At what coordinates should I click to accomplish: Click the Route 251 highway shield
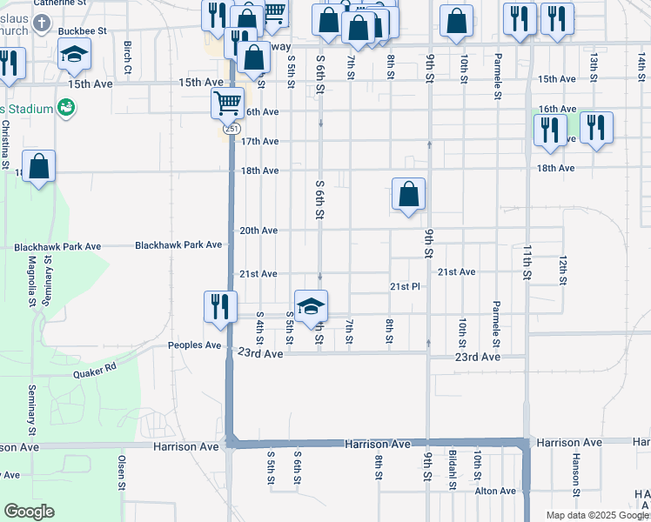click(231, 128)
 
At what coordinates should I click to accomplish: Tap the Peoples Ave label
click(195, 345)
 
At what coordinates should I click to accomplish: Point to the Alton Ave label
click(495, 491)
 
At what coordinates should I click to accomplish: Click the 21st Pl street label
click(405, 286)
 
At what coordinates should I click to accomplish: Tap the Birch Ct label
click(128, 57)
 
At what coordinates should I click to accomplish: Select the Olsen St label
click(122, 471)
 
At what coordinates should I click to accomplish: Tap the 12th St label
click(563, 270)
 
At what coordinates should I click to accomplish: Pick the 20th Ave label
click(258, 231)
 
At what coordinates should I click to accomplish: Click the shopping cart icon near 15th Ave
click(227, 103)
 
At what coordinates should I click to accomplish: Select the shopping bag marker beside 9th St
click(408, 195)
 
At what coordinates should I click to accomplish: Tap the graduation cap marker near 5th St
click(311, 305)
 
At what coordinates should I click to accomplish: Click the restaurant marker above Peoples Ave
click(218, 306)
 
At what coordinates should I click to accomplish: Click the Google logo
click(29, 512)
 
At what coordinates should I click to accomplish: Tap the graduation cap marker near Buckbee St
click(75, 55)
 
